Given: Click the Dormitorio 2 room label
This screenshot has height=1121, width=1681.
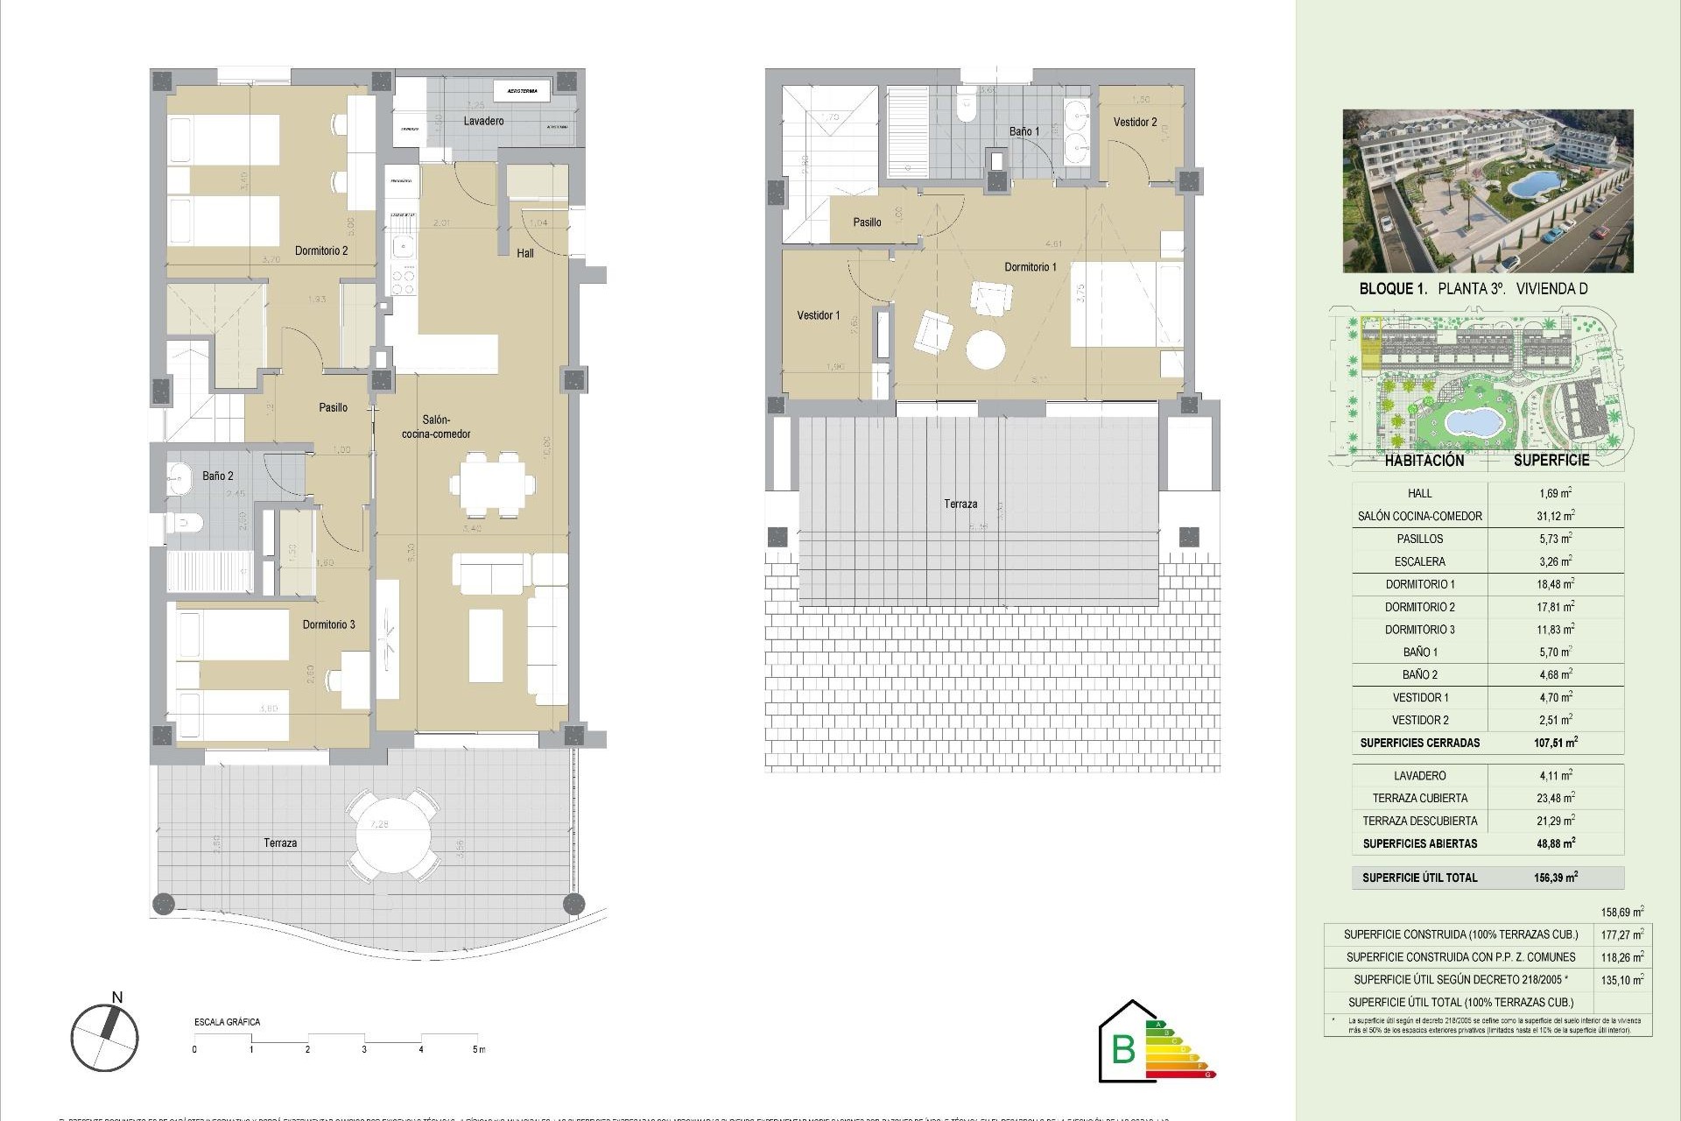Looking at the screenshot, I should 321,250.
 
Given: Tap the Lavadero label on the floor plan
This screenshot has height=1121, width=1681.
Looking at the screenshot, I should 483,121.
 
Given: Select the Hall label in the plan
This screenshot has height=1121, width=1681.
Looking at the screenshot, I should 525,253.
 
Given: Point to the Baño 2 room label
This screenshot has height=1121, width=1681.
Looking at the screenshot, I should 218,476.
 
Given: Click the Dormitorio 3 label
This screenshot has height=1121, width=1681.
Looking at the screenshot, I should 328,624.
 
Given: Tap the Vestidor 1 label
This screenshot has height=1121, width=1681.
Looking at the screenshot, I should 818,315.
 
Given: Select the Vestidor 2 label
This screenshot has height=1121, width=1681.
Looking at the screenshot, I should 1135,123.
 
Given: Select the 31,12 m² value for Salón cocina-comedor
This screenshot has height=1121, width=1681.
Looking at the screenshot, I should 1555,516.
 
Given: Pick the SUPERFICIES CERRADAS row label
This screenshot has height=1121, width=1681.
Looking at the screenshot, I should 1419,743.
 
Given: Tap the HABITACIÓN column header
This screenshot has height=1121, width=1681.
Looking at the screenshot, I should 1424,461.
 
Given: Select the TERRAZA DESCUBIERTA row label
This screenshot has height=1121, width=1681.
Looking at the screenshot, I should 1419,821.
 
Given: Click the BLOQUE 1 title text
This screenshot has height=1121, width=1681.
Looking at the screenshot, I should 1392,289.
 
